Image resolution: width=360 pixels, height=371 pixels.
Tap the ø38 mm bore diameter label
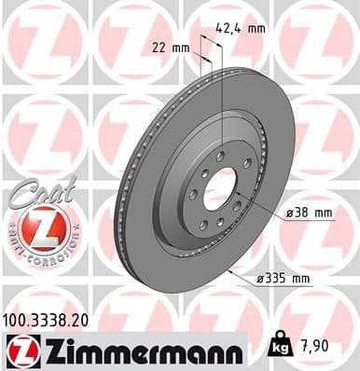coord(311,213)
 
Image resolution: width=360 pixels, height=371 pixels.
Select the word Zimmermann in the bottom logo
coord(140,350)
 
